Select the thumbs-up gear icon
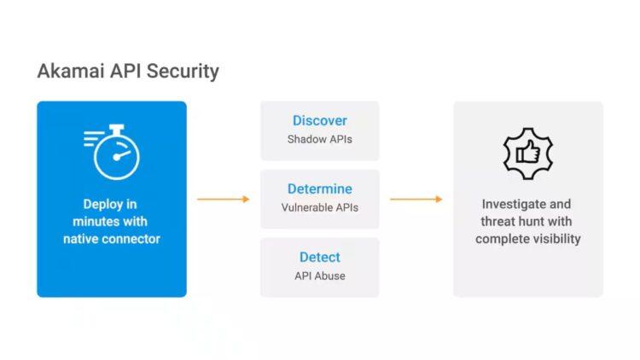[x=527, y=152]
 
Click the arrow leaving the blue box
[x=223, y=199]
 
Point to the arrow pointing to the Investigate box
[x=416, y=199]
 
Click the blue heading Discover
[x=320, y=120]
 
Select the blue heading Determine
[x=320, y=189]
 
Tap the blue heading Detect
[x=320, y=257]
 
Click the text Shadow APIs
[x=320, y=139]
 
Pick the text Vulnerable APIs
[x=320, y=207]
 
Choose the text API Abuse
[x=320, y=276]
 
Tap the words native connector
[x=112, y=239]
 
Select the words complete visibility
[x=527, y=239]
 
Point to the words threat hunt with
[x=527, y=222]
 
